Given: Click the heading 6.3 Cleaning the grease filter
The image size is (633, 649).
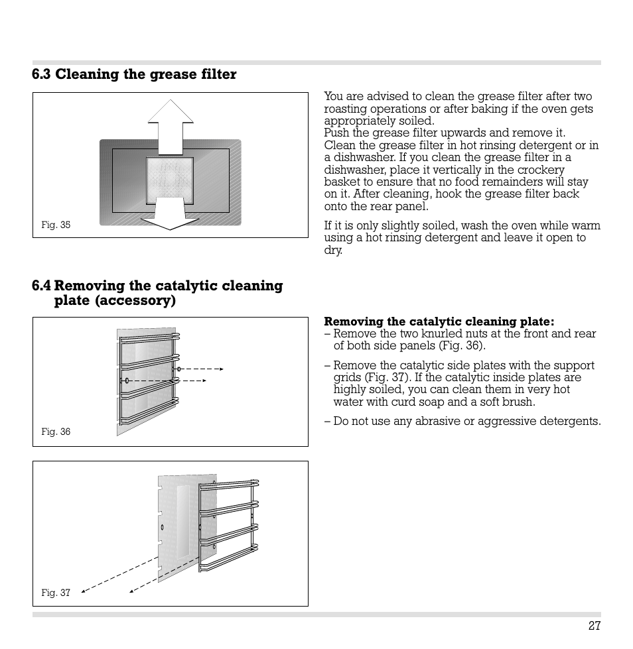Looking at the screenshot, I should click(134, 74).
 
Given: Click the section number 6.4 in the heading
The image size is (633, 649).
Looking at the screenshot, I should click(41, 286).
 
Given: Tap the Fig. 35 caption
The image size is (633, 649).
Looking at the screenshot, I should click(56, 225).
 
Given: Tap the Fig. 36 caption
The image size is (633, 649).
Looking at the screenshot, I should click(56, 432).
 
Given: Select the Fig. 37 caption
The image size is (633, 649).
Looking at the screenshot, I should click(56, 593).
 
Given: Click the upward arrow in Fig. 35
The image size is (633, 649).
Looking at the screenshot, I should click(171, 126).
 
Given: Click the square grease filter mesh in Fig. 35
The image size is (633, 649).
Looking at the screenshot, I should click(170, 178).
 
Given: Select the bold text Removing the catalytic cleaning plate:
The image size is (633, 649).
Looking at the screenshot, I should click(439, 322).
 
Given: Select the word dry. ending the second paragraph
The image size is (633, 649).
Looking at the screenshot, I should click(333, 250).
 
